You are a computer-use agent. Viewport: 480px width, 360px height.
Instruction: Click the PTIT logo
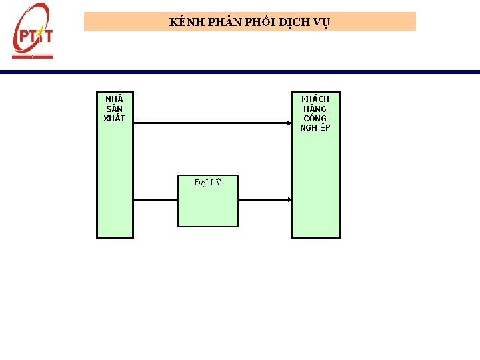pyautogui.click(x=32, y=32)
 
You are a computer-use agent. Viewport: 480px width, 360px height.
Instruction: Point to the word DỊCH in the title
pyautogui.click(x=294, y=22)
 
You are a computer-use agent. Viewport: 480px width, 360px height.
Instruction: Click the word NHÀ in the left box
pyautogui.click(x=114, y=99)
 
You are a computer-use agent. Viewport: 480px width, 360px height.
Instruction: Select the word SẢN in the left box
pyautogui.click(x=114, y=109)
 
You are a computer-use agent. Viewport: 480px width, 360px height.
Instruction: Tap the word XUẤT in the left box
pyautogui.click(x=114, y=119)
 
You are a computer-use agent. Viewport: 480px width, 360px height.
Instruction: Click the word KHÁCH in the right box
pyautogui.click(x=315, y=99)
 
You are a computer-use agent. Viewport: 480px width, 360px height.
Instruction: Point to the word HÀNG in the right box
pyautogui.click(x=315, y=109)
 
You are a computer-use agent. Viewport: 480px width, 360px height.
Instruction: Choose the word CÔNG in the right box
pyautogui.click(x=315, y=119)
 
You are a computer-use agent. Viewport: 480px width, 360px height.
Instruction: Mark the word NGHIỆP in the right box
pyautogui.click(x=315, y=128)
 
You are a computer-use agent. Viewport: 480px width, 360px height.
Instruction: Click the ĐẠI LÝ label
pyautogui.click(x=207, y=182)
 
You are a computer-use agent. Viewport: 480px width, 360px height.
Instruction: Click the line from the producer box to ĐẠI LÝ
pyautogui.click(x=155, y=200)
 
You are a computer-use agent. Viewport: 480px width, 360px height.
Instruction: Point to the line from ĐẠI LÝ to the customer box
pyautogui.click(x=263, y=200)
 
